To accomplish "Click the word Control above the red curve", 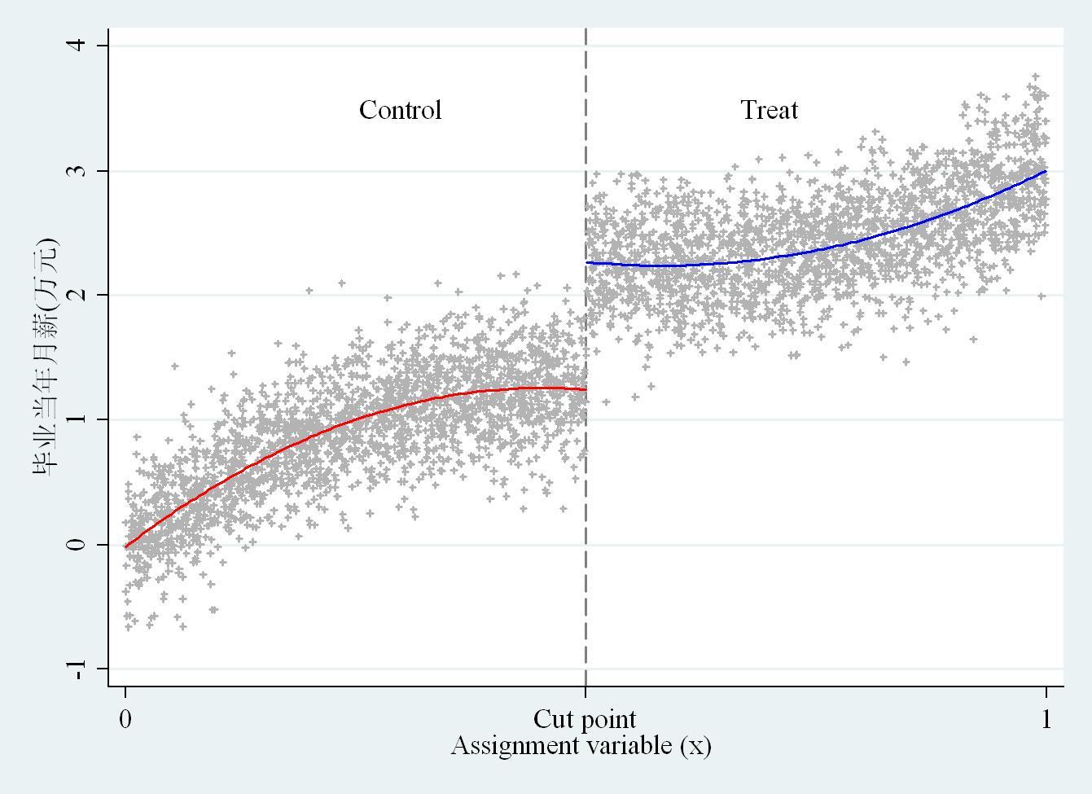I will click(400, 110).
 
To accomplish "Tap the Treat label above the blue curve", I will click(769, 110).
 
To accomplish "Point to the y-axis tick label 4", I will click(78, 45).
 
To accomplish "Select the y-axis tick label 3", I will click(78, 171).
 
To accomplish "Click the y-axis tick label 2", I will click(78, 295).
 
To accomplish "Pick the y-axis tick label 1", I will click(78, 419).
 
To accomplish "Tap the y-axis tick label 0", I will click(78, 544).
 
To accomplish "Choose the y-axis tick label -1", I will click(78, 669).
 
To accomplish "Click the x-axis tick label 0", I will click(125, 719).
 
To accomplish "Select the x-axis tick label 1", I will click(1046, 719).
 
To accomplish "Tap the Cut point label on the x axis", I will click(585, 719).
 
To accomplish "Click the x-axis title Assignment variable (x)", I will click(581, 745).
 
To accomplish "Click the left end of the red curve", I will click(126, 546).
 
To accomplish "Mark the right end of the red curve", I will click(584, 389).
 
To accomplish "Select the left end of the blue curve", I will click(588, 263).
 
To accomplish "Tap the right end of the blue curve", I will click(1046, 171).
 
